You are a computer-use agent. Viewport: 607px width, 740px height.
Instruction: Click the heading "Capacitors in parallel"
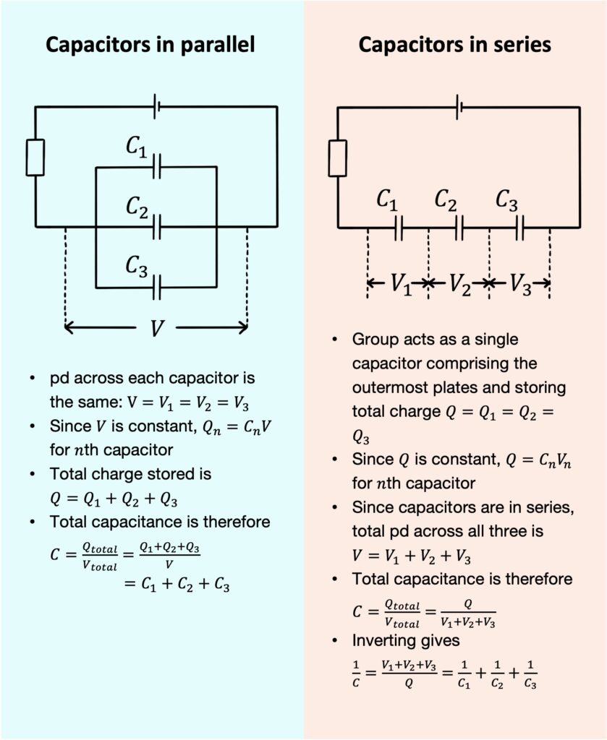[x=150, y=45]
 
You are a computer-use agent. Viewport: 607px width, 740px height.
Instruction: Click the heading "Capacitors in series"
[x=454, y=45]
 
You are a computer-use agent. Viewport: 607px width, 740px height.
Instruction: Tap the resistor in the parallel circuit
[x=35, y=157]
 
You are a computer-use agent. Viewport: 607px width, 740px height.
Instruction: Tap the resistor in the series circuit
[x=337, y=158]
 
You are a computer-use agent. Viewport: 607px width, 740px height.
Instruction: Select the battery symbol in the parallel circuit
[x=156, y=107]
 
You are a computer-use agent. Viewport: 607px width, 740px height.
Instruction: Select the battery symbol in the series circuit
[x=459, y=107]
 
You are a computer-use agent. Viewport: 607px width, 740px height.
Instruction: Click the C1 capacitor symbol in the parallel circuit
[x=157, y=166]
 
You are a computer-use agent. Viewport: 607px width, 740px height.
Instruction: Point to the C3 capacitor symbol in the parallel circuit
[x=157, y=287]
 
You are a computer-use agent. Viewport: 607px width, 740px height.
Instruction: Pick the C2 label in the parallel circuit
[x=137, y=207]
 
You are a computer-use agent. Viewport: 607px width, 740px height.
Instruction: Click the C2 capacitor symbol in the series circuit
[x=459, y=228]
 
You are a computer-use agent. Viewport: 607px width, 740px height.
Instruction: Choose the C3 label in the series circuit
[x=506, y=200]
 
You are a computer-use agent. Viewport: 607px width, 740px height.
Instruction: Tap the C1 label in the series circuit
[x=387, y=200]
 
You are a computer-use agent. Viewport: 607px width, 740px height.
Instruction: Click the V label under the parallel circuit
[x=157, y=328]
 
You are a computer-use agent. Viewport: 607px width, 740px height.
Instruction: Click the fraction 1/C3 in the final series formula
[x=530, y=674]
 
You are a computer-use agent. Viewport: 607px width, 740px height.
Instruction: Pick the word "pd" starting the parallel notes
[x=59, y=379]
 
